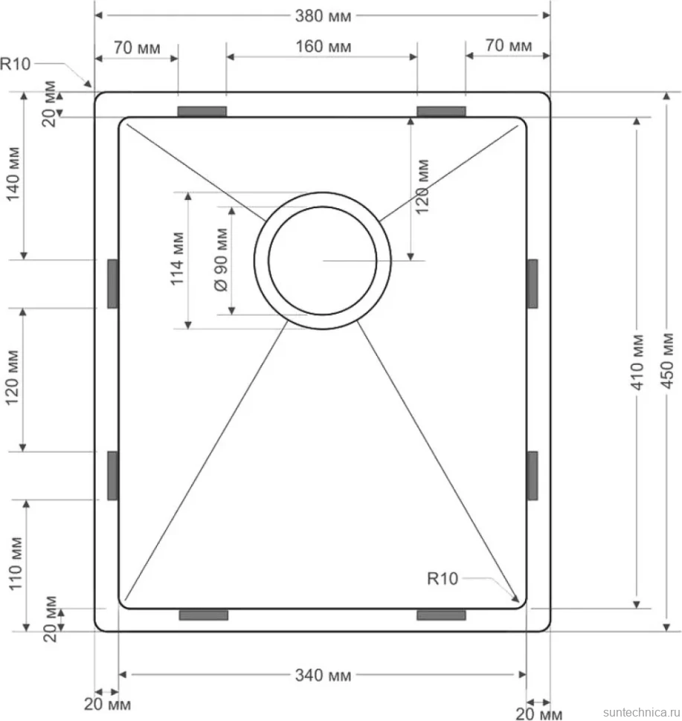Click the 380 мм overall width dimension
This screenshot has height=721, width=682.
(x=323, y=16)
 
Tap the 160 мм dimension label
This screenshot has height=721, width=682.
(x=323, y=46)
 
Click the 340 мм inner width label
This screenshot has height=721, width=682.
(x=323, y=675)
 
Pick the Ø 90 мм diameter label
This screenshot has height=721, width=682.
(x=222, y=259)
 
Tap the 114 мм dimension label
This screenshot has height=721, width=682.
(x=178, y=259)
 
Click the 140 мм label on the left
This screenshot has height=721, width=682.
(x=14, y=174)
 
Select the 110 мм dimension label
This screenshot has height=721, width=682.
(x=15, y=563)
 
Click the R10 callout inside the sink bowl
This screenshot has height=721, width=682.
(x=443, y=578)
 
